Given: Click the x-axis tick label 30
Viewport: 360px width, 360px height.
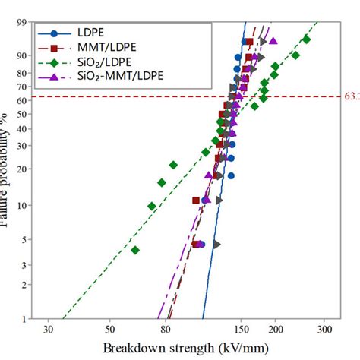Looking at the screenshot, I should coord(48,332).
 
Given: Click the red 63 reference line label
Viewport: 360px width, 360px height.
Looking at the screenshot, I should coord(352,96).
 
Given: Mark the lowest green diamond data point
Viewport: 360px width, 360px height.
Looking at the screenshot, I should coord(135,250).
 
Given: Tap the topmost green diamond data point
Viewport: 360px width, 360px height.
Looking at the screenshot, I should coord(306,39).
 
